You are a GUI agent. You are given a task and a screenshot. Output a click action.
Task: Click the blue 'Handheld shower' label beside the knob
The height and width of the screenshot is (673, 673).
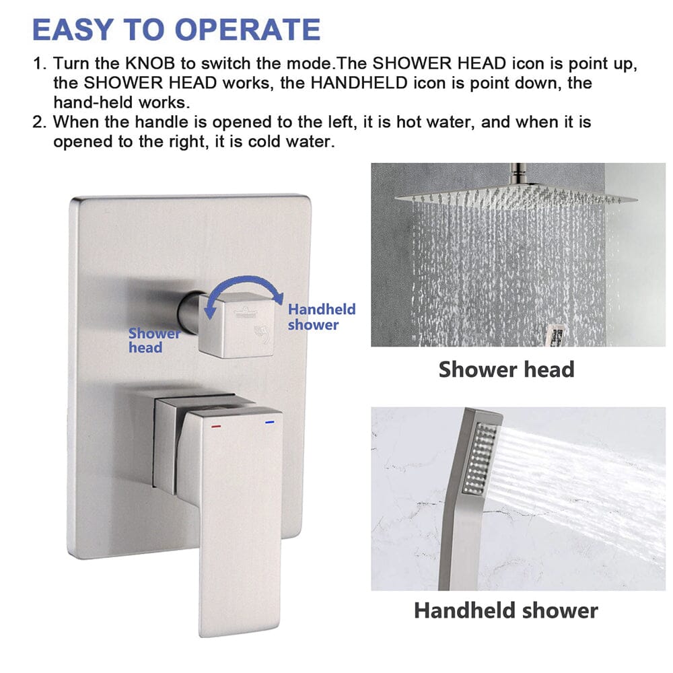tap(321, 317)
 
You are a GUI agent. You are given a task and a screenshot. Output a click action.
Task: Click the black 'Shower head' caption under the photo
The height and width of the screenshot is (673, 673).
tap(506, 369)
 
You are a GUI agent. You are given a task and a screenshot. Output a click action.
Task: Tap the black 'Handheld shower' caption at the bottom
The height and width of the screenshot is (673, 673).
tap(505, 610)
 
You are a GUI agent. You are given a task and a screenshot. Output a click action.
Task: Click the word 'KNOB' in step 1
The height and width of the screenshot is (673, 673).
tap(143, 64)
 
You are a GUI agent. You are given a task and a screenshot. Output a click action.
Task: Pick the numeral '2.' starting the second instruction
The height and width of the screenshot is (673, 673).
tap(41, 123)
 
